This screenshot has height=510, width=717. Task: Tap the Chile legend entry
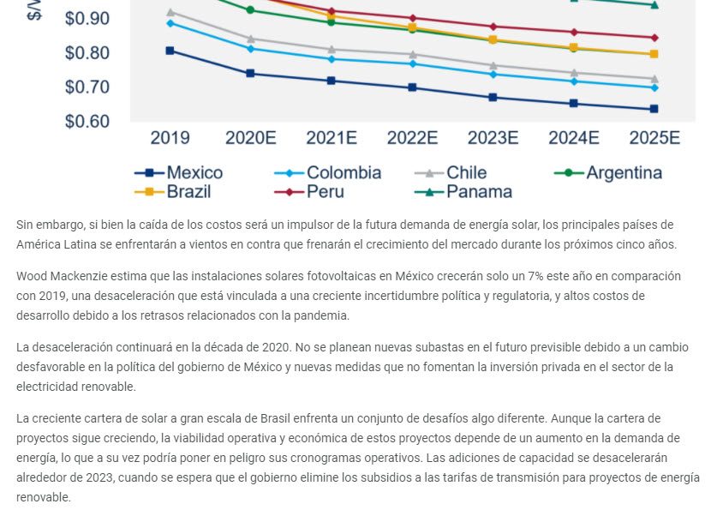pyautogui.click(x=466, y=173)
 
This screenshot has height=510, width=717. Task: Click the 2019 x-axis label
pyautogui.click(x=170, y=138)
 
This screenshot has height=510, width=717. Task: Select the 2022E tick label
pyautogui.click(x=412, y=138)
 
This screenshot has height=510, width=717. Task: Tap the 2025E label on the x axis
pyautogui.click(x=654, y=138)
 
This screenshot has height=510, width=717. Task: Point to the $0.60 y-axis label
pyautogui.click(x=87, y=122)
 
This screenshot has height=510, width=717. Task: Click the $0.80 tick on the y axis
pyautogui.click(x=87, y=53)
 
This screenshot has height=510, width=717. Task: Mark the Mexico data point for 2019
pyautogui.click(x=170, y=51)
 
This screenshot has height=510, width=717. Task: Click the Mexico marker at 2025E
pyautogui.click(x=654, y=109)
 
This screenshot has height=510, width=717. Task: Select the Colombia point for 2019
pyautogui.click(x=170, y=22)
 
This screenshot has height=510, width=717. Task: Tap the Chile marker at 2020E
pyautogui.click(x=250, y=39)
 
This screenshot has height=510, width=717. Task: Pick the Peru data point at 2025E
pyautogui.click(x=654, y=38)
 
